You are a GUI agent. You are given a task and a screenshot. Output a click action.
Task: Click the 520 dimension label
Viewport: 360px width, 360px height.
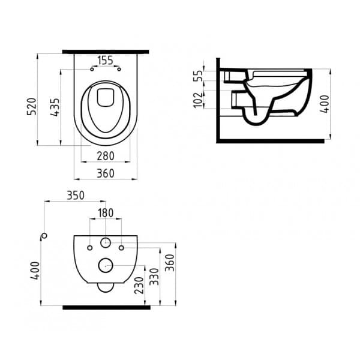32,106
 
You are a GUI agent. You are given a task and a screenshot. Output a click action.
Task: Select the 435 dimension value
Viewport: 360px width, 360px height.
55,107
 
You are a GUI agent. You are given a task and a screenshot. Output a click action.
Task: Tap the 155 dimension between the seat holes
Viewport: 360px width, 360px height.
106,61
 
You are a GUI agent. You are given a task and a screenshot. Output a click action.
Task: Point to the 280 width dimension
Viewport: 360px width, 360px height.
106,156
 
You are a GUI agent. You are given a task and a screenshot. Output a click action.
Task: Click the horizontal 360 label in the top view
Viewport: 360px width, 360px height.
106,173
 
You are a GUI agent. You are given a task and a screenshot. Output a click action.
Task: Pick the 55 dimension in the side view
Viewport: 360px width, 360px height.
198,76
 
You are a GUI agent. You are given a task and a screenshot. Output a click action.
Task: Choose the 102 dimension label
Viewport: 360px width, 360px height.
198,100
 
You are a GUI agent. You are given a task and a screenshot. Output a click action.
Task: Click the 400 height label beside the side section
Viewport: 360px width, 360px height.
325,104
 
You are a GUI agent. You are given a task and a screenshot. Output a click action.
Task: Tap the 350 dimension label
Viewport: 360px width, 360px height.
76,196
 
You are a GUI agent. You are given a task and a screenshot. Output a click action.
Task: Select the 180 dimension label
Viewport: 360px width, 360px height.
106,213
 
